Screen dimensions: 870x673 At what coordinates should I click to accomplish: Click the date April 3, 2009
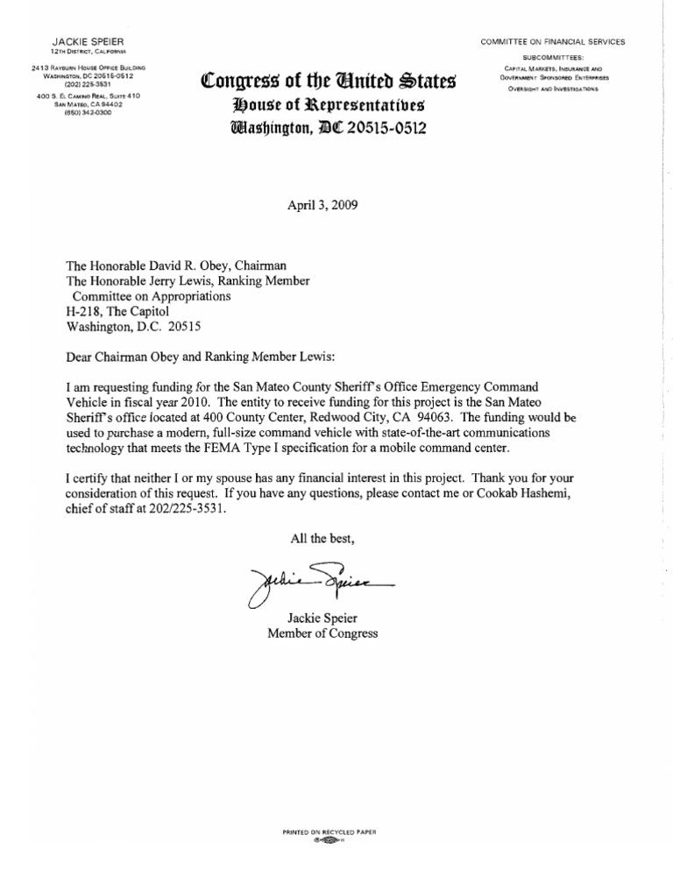322,208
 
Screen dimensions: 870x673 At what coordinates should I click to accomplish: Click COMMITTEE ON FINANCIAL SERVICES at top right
551,42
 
